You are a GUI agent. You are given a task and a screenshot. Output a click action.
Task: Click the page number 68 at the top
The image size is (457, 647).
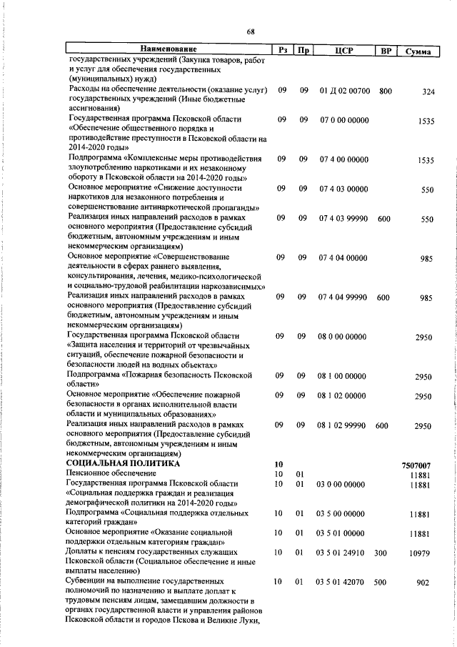pyautogui.click(x=251, y=31)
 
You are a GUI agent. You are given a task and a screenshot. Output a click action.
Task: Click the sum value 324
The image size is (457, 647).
pyautogui.click(x=428, y=92)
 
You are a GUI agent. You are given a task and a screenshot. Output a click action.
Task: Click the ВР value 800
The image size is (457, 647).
pyautogui.click(x=386, y=91)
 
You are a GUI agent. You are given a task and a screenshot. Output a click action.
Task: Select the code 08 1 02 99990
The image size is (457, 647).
pyautogui.click(x=343, y=425)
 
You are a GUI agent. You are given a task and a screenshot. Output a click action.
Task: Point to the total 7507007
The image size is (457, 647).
pyautogui.click(x=417, y=465)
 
